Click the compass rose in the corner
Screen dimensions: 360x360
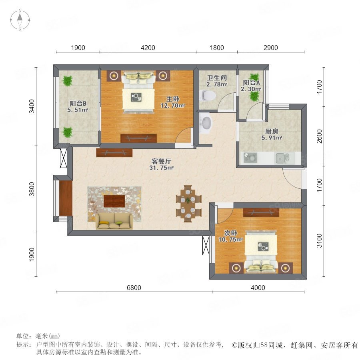[20, 20]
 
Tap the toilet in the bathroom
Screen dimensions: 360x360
[208, 95]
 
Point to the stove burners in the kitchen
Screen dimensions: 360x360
[250, 158]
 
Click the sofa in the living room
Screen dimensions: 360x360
[114, 221]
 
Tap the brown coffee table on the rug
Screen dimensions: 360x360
[114, 201]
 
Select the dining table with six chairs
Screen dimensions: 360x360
[188, 203]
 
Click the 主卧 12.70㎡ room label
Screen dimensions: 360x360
[173, 102]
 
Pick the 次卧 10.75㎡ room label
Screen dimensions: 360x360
[230, 236]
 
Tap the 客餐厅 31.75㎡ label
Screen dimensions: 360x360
[161, 164]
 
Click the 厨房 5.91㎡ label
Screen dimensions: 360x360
[272, 134]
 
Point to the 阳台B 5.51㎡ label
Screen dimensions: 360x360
[78, 107]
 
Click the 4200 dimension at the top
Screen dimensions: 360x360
[148, 48]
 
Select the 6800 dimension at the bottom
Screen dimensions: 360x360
[134, 288]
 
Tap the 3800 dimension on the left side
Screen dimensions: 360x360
[32, 189]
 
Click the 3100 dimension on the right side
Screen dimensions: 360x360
[319, 241]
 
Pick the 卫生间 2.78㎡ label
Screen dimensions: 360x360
[217, 81]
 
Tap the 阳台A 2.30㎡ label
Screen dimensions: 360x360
[251, 86]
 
